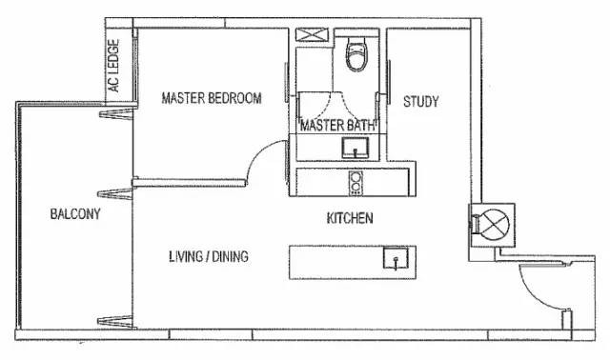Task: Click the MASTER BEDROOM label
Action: point(212,98)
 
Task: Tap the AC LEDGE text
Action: point(113,66)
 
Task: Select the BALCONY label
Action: point(75,214)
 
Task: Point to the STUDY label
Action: point(421,102)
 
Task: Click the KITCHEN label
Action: point(350,218)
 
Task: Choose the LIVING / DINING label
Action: point(209,256)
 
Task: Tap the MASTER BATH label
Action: point(337,125)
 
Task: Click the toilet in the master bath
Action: point(356,53)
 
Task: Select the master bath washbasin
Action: point(356,148)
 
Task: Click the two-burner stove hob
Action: point(356,183)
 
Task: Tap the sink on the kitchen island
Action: point(396,258)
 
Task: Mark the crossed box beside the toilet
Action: point(312,34)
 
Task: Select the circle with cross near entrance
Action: point(495,225)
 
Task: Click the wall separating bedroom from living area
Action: point(190,182)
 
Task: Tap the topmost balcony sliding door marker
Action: point(116,114)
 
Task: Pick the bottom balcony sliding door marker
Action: point(115,321)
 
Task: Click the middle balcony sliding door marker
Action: point(115,194)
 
